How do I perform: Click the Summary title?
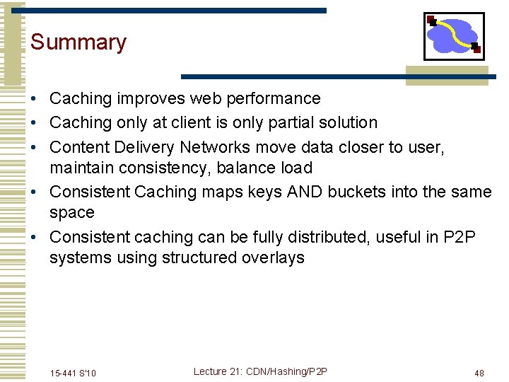point(78,42)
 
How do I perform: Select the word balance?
point(245,168)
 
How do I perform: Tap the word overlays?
point(273,258)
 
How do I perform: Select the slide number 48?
point(479,374)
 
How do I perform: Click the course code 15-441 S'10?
point(74,374)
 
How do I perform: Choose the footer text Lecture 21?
point(219,372)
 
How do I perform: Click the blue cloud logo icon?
point(453,36)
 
